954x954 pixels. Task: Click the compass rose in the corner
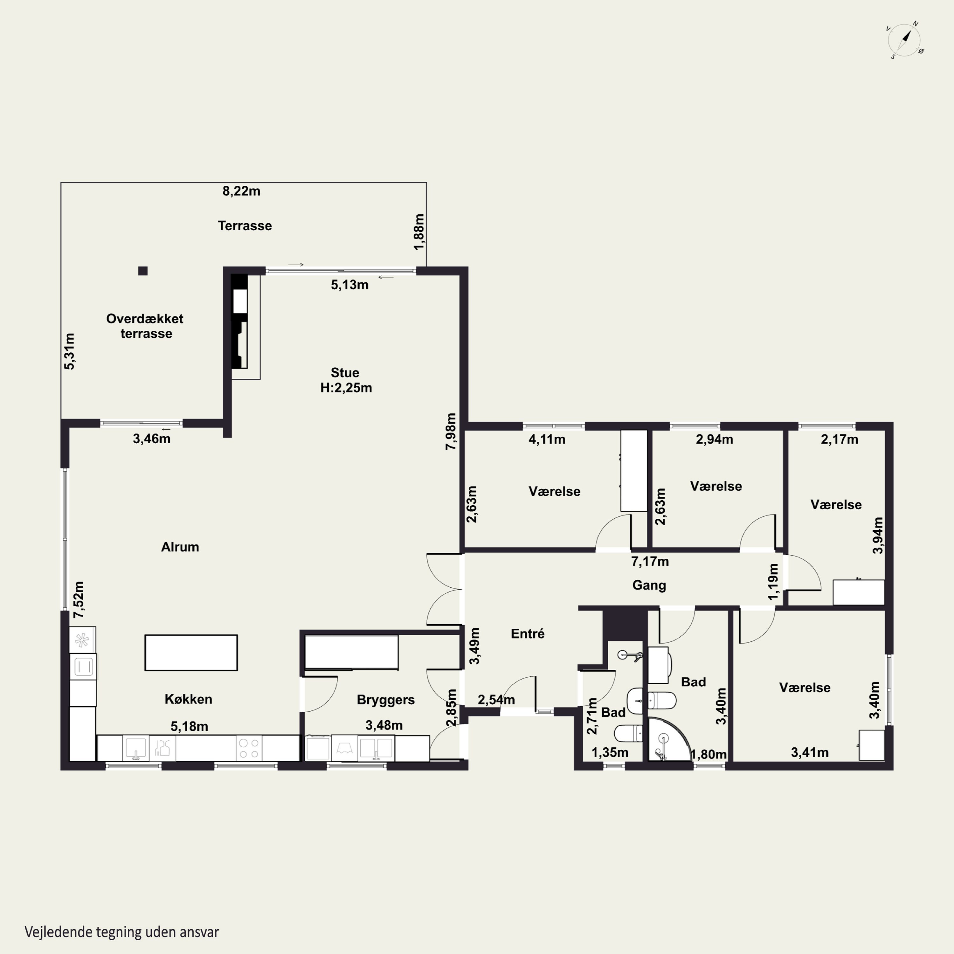(905, 40)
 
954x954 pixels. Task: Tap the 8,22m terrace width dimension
(241, 191)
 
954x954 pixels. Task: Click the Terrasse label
(245, 226)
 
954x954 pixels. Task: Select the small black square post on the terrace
(143, 271)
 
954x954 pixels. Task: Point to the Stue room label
(345, 373)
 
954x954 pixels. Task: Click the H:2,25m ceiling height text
(346, 388)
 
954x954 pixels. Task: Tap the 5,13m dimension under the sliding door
(349, 285)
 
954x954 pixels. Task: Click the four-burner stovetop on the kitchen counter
(249, 748)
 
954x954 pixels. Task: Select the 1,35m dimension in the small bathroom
(610, 752)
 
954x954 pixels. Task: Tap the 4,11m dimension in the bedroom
(547, 439)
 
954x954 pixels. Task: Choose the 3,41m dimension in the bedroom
(810, 752)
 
